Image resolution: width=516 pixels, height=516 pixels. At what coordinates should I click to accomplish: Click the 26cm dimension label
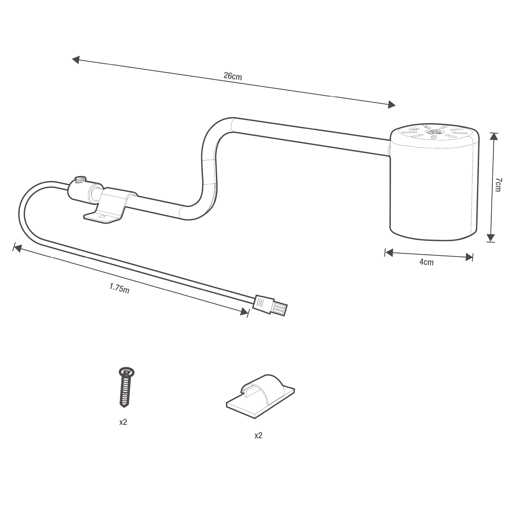233,76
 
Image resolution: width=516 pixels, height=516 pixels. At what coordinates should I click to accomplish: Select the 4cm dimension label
427,262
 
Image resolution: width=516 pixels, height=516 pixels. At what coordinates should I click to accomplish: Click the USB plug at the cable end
271,305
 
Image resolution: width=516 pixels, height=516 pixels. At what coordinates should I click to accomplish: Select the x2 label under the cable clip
258,436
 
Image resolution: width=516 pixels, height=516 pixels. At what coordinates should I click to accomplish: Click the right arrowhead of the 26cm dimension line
391,105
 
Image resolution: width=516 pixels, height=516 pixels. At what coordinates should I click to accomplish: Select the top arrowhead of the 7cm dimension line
494,137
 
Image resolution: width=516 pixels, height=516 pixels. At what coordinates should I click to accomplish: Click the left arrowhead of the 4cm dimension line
389,253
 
